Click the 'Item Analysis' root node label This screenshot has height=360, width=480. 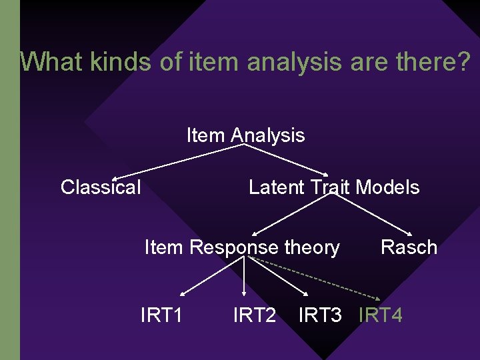[x=245, y=135]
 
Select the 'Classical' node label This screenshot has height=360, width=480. [x=101, y=187]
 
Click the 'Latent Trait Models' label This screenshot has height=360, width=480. [x=334, y=187]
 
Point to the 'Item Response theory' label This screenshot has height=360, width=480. [x=242, y=247]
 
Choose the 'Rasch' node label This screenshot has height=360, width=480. [x=409, y=247]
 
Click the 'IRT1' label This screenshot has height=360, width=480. [x=162, y=315]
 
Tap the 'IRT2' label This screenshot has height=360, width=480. [x=254, y=315]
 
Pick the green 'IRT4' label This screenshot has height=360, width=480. [x=381, y=315]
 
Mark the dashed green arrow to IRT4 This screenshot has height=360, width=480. [x=313, y=277]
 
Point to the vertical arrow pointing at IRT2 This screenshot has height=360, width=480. [x=245, y=277]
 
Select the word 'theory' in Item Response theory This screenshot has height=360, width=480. [x=311, y=247]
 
